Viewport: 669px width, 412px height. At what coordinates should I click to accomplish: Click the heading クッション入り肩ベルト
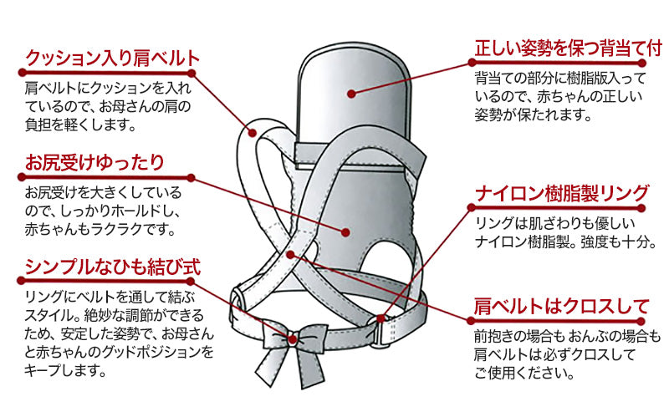click(114, 59)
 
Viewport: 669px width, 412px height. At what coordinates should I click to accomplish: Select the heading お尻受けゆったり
click(94, 162)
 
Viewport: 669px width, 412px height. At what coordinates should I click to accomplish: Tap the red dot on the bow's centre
click(292, 338)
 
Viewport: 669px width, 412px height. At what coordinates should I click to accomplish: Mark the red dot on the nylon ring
click(381, 318)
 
